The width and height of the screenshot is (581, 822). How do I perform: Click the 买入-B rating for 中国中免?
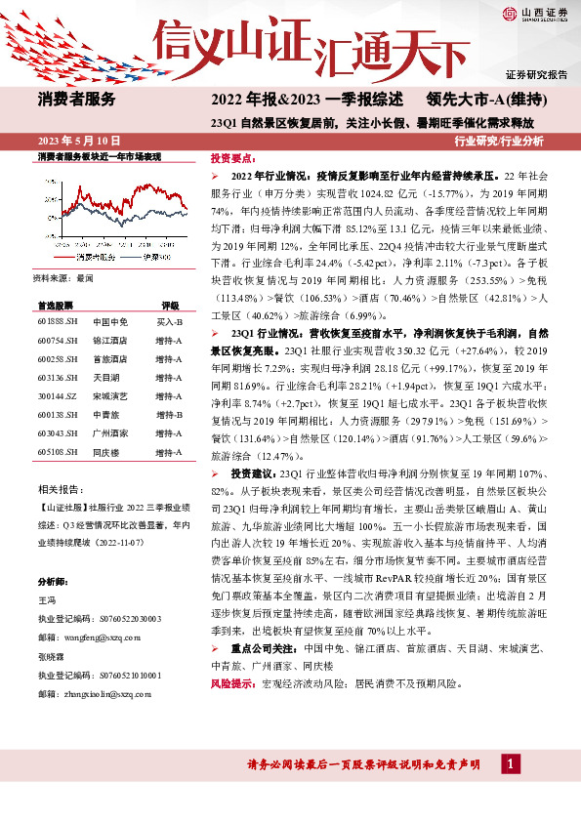170,321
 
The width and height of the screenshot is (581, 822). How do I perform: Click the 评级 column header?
170,305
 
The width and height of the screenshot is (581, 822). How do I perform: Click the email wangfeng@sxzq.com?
106,636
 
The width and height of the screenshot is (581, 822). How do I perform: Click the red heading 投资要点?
233,157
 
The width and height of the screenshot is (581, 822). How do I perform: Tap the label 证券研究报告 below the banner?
536,74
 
